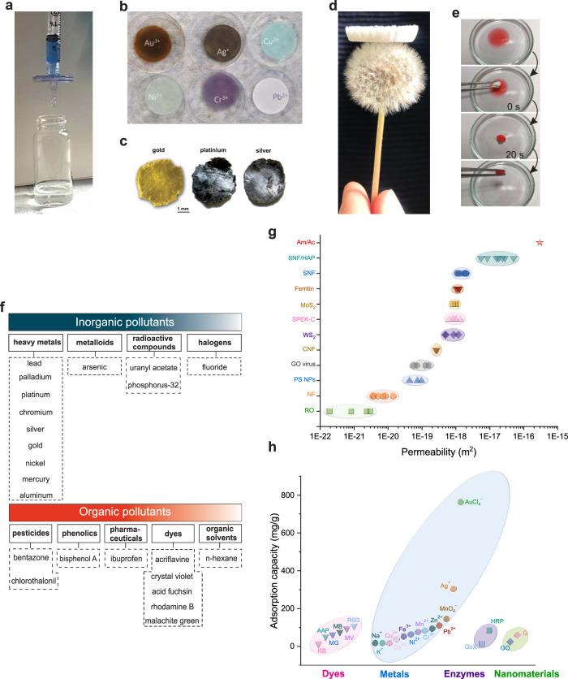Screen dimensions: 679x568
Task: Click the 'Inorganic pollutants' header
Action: [x=126, y=321]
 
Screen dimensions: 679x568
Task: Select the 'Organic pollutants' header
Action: [x=126, y=512]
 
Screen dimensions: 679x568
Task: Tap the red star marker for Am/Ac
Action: [x=540, y=242]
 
